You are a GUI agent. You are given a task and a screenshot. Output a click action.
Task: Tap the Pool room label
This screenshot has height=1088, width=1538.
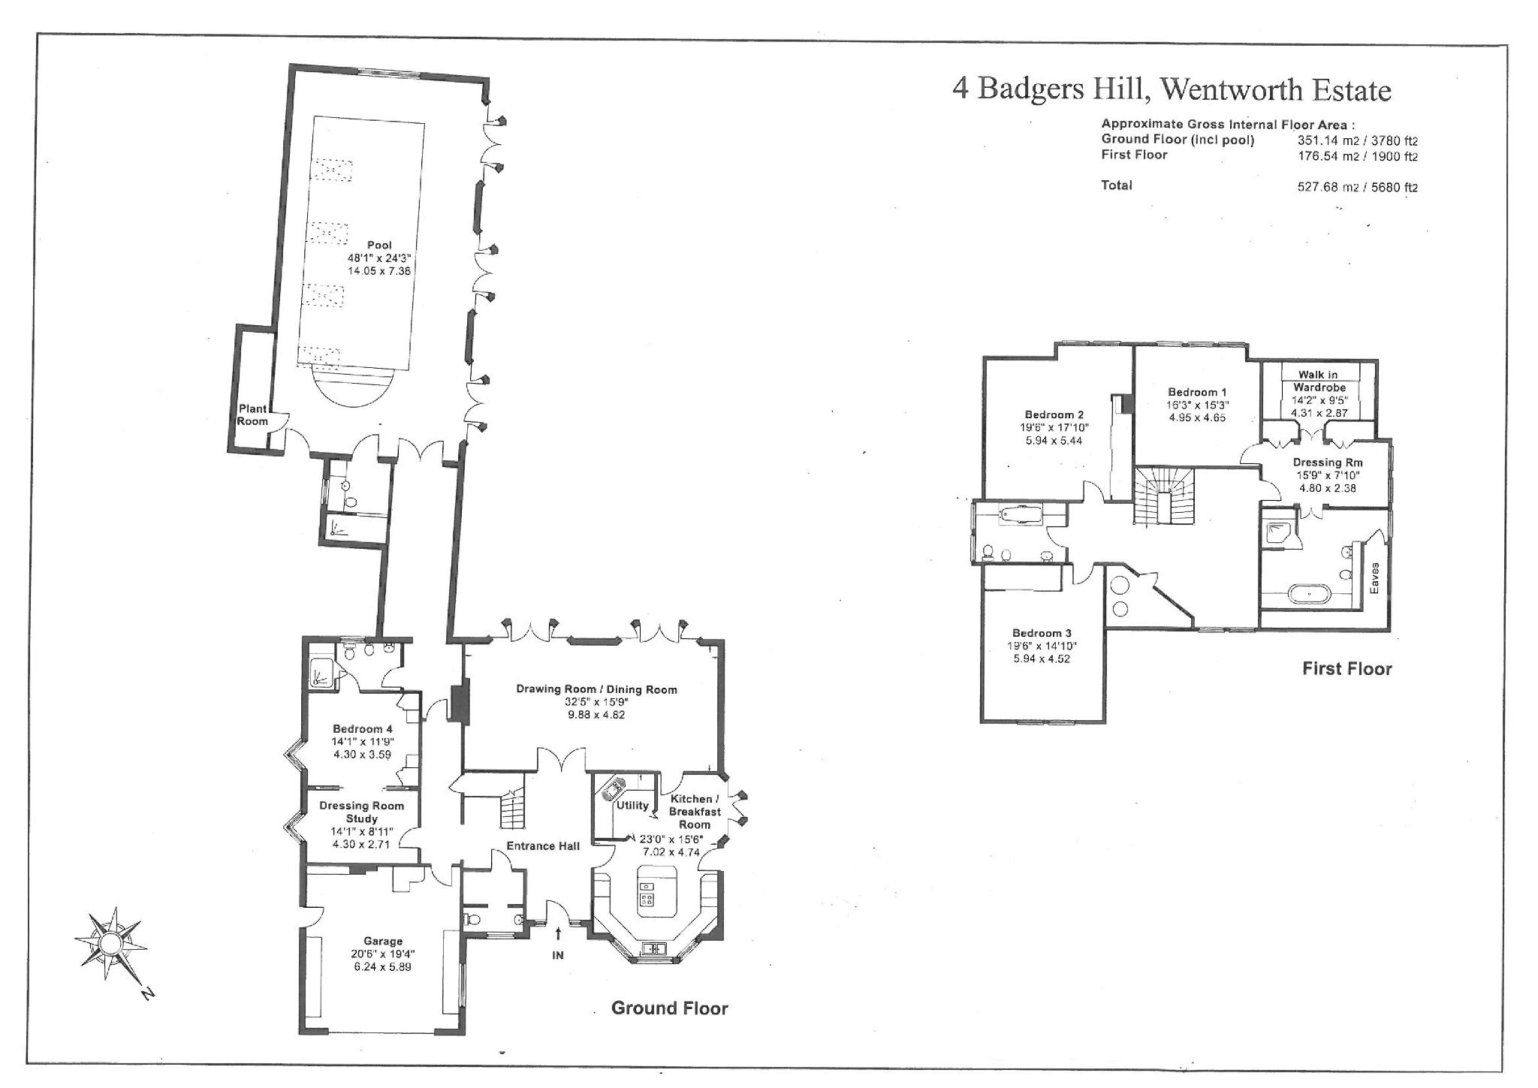tap(379, 245)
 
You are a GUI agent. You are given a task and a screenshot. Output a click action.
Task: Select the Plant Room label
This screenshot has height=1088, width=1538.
tap(252, 414)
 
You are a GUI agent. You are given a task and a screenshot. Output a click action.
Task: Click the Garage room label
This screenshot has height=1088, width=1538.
tap(383, 941)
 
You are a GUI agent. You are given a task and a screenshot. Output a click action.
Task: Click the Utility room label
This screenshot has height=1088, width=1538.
tap(632, 805)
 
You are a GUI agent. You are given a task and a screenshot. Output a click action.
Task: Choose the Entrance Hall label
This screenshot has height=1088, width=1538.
tap(543, 845)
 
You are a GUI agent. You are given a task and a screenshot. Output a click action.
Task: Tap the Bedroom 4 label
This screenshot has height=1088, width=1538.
tap(363, 728)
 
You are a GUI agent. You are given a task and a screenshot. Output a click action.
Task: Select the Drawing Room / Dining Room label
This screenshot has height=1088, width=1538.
tap(596, 689)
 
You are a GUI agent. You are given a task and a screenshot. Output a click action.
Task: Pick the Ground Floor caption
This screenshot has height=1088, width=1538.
tap(669, 1008)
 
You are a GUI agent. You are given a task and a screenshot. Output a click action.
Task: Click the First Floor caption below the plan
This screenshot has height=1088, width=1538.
tap(1347, 668)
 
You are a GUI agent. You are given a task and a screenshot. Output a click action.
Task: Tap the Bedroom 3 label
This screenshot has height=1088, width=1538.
tap(1042, 633)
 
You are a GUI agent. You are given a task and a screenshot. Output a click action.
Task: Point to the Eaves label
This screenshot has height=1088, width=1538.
tap(1374, 578)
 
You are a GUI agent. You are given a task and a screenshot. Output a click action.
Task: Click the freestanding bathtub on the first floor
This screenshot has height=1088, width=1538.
tap(1310, 594)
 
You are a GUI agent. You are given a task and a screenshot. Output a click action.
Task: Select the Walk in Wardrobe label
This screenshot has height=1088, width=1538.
tap(1319, 381)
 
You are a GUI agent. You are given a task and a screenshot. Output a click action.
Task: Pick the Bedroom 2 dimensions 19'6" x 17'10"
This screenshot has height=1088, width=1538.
tap(1054, 427)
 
